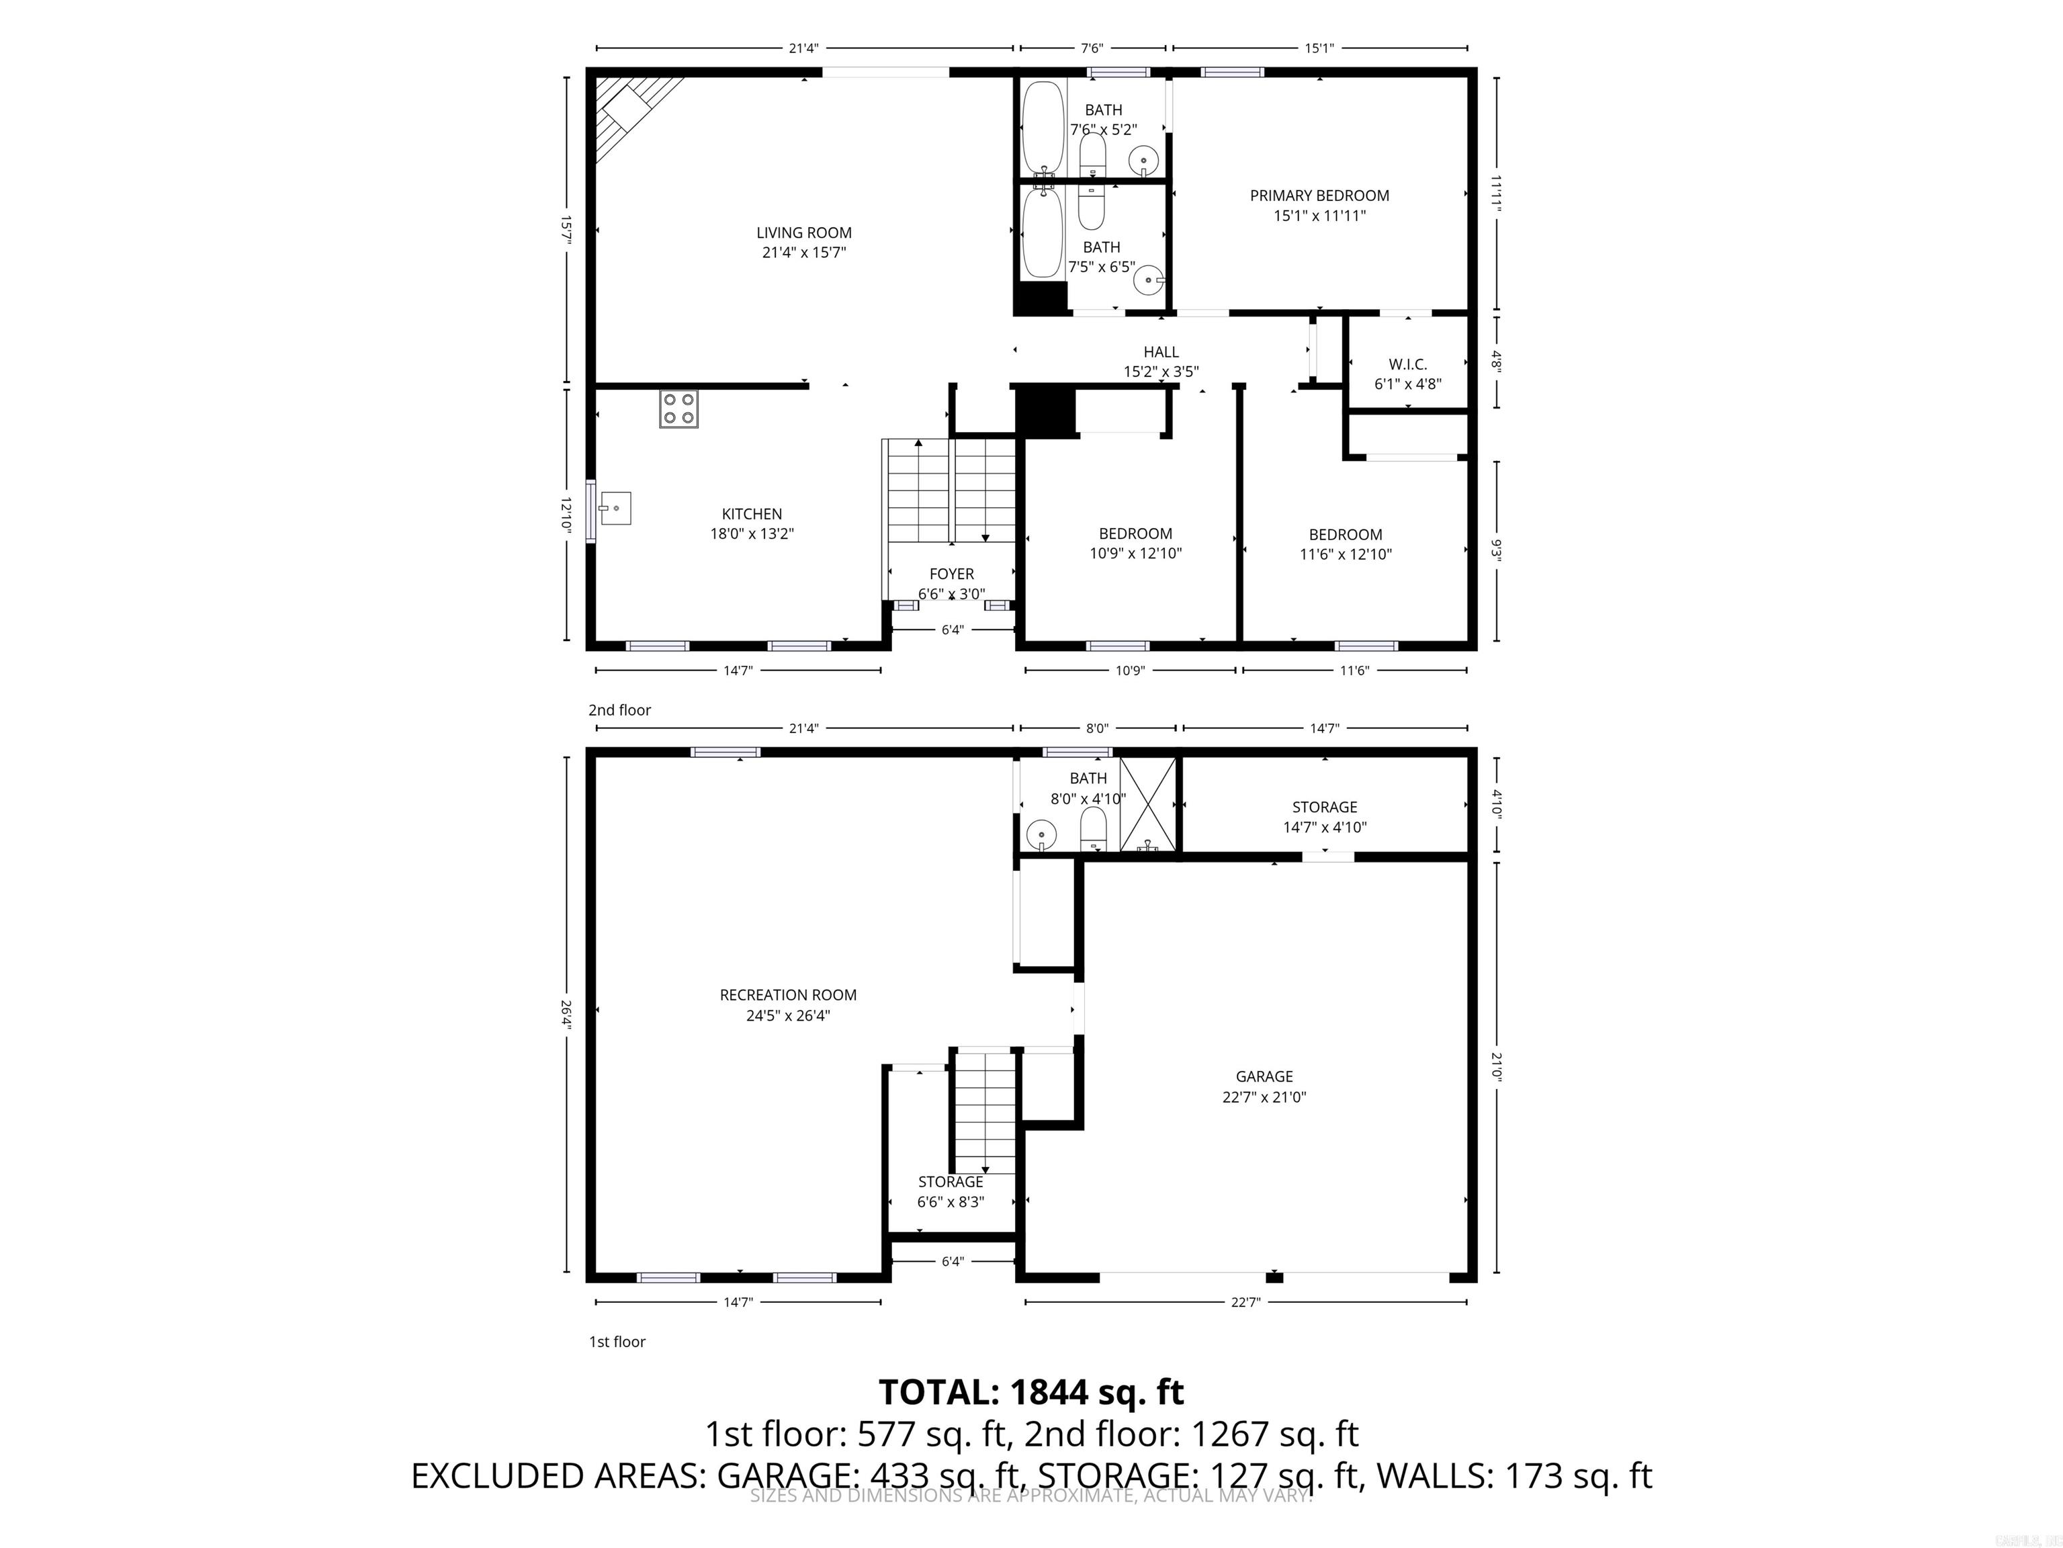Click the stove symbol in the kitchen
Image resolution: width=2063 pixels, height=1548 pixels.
click(x=678, y=409)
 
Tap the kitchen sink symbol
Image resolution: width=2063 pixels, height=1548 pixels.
click(x=615, y=508)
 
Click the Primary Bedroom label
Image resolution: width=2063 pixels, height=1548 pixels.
click(x=1319, y=205)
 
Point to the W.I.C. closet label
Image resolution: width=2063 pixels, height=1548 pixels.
click(x=1407, y=373)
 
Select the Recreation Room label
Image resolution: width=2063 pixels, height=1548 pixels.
click(x=787, y=1005)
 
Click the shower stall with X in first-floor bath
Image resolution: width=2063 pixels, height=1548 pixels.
click(x=1147, y=804)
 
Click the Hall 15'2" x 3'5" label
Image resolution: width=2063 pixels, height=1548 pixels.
click(x=1160, y=361)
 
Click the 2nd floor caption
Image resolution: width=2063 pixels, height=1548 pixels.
click(x=619, y=709)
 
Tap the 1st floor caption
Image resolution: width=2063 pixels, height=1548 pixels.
click(x=617, y=1341)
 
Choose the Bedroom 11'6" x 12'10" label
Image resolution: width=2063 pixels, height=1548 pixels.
click(x=1345, y=544)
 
